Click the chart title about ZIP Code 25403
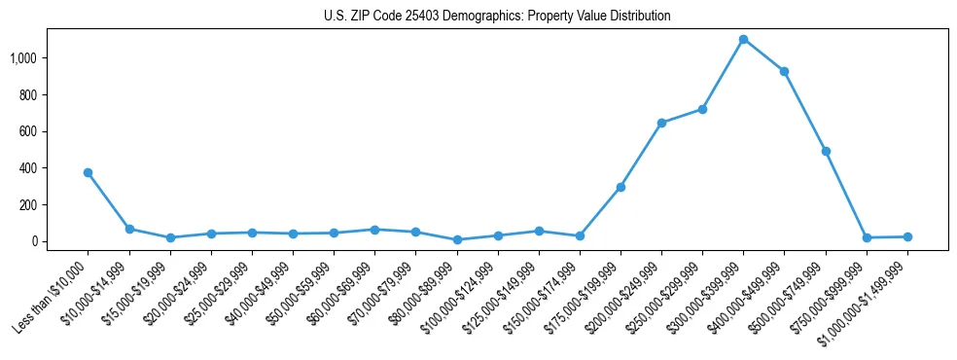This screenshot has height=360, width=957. point(497,17)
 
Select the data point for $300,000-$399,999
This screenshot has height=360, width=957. point(743,39)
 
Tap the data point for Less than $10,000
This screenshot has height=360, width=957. point(88,172)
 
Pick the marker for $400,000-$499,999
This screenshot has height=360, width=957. point(784,71)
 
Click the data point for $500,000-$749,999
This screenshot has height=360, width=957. point(826,151)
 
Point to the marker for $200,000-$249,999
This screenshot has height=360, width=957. point(661,123)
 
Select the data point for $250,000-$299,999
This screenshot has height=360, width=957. point(702,109)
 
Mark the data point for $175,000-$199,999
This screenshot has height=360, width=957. point(620,187)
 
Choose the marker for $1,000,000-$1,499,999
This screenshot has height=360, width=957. point(907,236)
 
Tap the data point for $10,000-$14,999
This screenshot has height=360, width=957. point(129,229)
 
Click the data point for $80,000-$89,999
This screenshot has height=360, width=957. point(456,239)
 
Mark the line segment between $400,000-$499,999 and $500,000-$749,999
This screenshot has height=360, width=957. point(805,111)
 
